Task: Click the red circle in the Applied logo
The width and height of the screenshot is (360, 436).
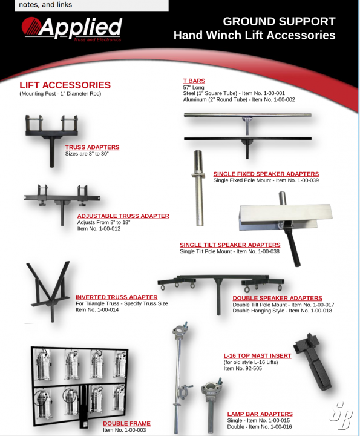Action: click(x=31, y=27)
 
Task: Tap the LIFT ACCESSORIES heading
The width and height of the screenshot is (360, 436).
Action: click(x=65, y=85)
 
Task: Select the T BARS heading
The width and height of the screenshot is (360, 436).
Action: click(x=194, y=81)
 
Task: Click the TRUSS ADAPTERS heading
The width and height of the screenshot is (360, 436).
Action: click(x=92, y=147)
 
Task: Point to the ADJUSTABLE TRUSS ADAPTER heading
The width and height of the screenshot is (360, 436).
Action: click(x=123, y=216)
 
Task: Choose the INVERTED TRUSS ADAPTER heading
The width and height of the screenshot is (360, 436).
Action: click(x=117, y=297)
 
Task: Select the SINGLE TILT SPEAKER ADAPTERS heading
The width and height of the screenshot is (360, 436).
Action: click(x=230, y=245)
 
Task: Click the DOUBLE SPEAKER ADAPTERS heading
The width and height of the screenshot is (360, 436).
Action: click(x=277, y=298)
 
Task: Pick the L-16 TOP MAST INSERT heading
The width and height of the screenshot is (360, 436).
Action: click(x=258, y=356)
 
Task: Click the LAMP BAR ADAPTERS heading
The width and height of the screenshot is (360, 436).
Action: click(x=260, y=414)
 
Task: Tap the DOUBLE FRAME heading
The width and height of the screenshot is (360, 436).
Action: click(x=126, y=423)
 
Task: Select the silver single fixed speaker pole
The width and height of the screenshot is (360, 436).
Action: click(x=198, y=188)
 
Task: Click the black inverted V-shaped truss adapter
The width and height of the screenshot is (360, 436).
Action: click(x=50, y=291)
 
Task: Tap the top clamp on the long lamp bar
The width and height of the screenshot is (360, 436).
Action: click(x=180, y=330)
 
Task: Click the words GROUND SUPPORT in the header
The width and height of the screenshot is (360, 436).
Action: click(x=279, y=22)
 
